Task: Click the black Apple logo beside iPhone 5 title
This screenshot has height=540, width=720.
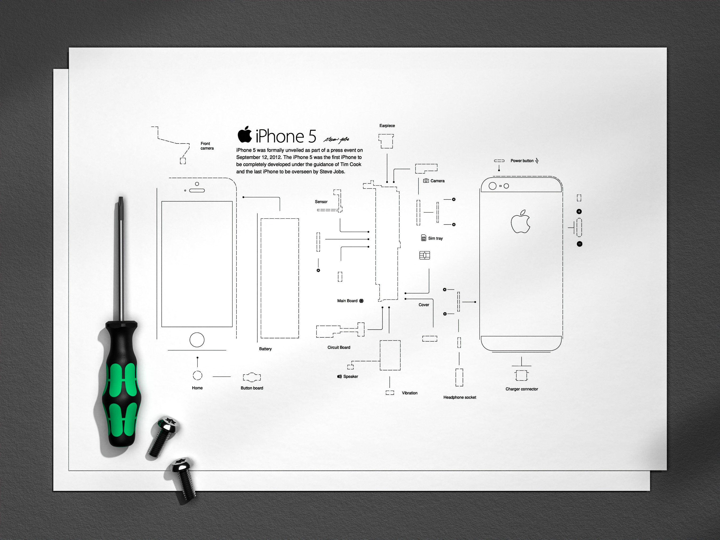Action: (x=245, y=134)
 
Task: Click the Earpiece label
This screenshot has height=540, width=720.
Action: (x=387, y=126)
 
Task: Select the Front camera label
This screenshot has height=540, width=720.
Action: (x=207, y=146)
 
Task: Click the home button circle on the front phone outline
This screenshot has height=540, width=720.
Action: (x=197, y=340)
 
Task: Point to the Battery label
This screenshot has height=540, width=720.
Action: (x=265, y=349)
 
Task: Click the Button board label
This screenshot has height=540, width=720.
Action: (x=252, y=388)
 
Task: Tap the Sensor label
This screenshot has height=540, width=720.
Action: (x=321, y=202)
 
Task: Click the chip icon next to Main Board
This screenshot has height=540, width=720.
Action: (x=361, y=301)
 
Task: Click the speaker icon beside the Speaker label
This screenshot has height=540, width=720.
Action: (x=339, y=377)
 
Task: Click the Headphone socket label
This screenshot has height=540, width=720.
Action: (x=460, y=397)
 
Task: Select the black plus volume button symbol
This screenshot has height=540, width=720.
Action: (x=579, y=211)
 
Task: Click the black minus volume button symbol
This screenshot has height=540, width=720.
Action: (x=579, y=244)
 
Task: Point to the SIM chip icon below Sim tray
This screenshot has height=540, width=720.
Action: (x=425, y=255)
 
